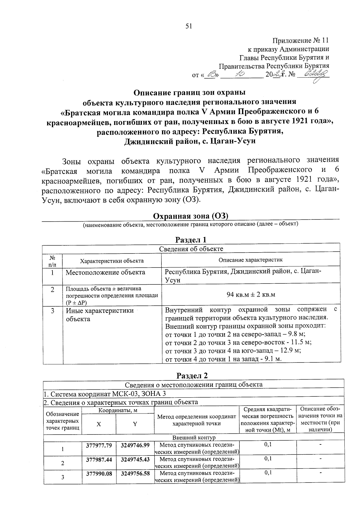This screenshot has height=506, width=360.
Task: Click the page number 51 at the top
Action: [188, 26]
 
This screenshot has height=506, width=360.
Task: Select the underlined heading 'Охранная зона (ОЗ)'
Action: [191, 216]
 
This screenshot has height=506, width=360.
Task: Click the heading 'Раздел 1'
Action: [191, 240]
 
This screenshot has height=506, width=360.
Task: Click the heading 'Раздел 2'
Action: [192, 376]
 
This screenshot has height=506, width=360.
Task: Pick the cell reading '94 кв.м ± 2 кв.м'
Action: [251, 295]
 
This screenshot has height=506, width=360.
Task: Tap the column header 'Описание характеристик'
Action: [250, 260]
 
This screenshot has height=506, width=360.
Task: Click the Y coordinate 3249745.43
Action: [135, 459]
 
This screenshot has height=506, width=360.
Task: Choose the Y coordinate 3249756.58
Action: [135, 473]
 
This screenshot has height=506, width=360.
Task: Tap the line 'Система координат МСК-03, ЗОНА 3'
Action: [105, 394]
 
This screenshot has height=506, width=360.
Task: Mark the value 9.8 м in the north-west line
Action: [297, 334]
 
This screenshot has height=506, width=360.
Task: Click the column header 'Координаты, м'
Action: [118, 411]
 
